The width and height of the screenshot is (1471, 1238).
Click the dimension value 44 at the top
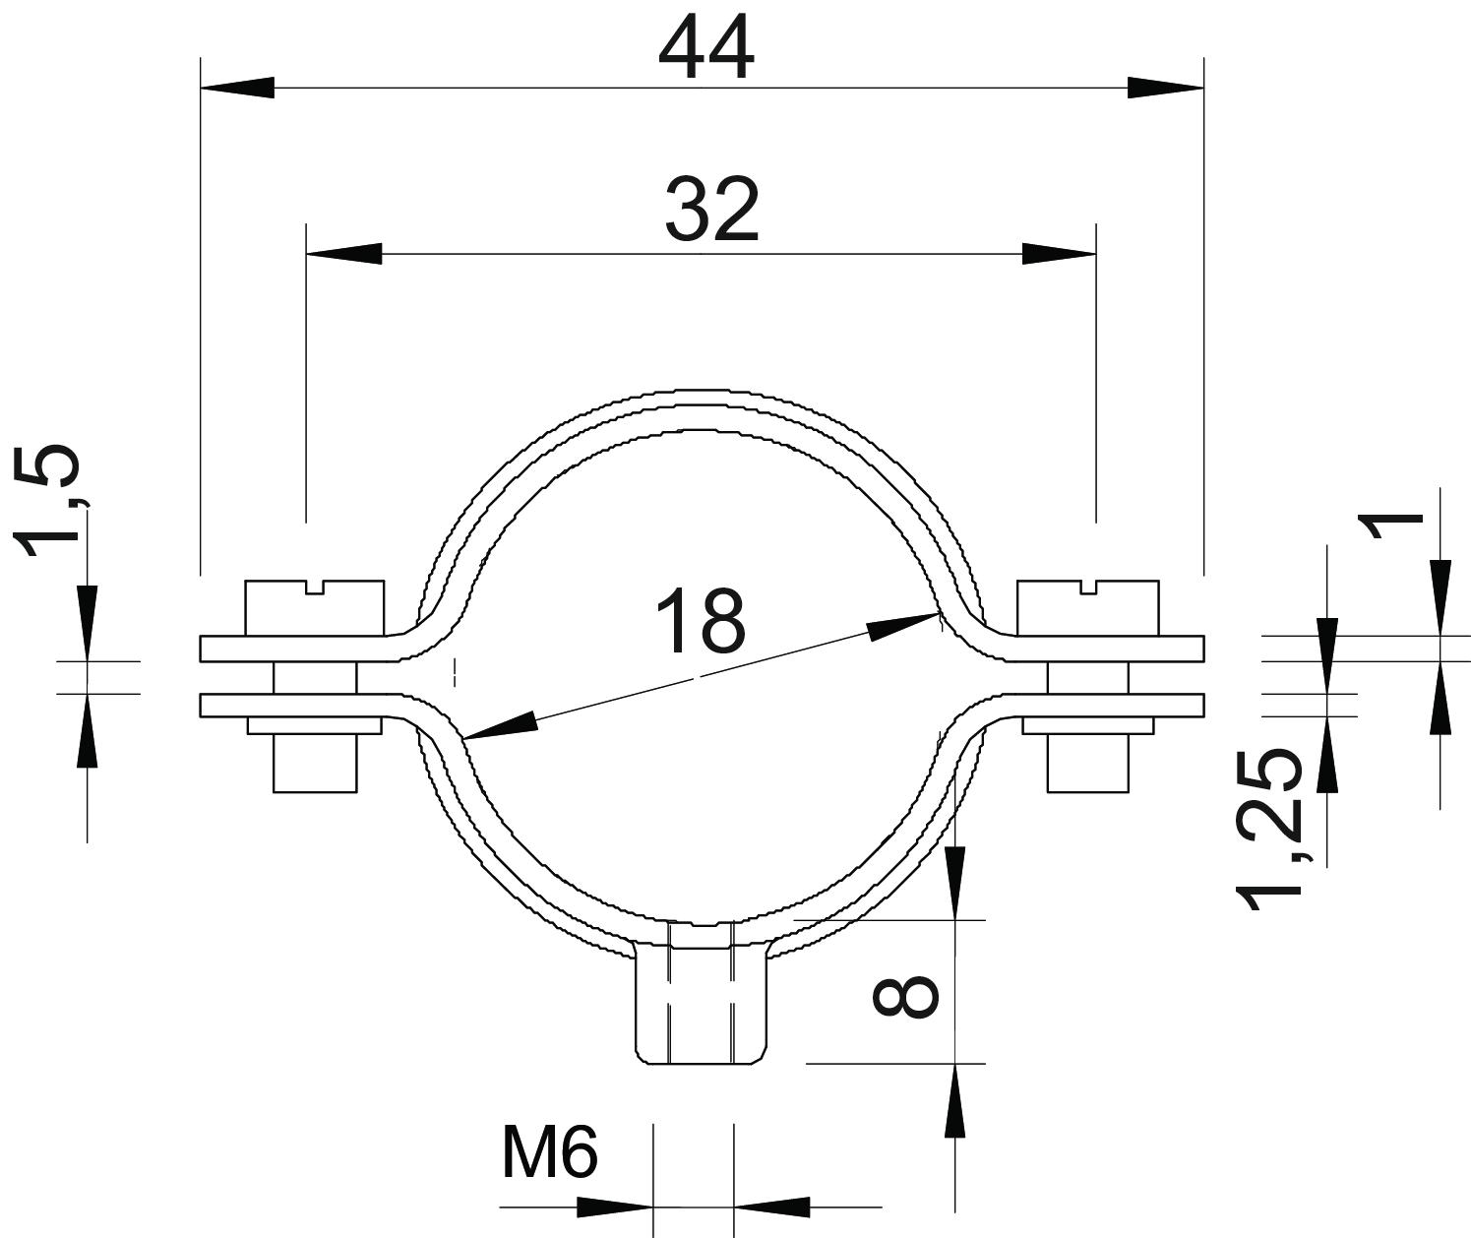[x=705, y=51]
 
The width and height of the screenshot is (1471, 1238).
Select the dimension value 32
[x=712, y=212]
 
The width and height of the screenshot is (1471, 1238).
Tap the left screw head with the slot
[x=315, y=607]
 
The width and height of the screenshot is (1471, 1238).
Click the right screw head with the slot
[x=1087, y=607]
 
